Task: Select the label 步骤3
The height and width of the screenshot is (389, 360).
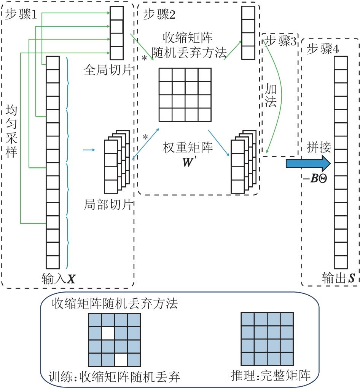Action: [280, 40]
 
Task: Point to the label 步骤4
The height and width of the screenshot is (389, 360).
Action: [323, 48]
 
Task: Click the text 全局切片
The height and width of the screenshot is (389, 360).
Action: [108, 70]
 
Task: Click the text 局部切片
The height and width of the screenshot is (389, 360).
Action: [108, 205]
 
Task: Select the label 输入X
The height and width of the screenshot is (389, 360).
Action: [59, 279]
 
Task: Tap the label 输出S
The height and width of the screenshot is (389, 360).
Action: [338, 278]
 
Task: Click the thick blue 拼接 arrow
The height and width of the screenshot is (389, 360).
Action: [308, 163]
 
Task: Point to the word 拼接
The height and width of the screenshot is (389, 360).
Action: [319, 147]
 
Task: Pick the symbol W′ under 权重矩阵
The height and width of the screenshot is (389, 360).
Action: [188, 162]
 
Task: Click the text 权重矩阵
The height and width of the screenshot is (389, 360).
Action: [188, 147]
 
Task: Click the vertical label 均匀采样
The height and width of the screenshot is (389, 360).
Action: [11, 131]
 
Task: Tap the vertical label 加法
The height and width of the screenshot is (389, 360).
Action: [270, 95]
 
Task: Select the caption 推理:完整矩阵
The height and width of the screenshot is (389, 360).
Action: [271, 375]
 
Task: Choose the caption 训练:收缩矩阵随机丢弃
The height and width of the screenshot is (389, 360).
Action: [114, 377]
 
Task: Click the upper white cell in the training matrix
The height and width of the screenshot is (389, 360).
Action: [108, 333]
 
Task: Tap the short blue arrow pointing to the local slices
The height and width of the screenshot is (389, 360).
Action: [89, 150]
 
